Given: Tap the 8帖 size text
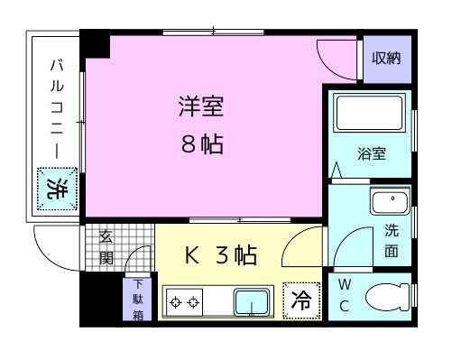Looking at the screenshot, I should pyautogui.click(x=200, y=143).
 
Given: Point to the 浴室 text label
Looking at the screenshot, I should pyautogui.click(x=371, y=153).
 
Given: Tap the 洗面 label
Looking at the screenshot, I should pyautogui.click(x=391, y=240).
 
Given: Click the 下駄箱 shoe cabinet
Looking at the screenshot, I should pyautogui.click(x=137, y=300).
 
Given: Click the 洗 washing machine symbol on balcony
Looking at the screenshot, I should pyautogui.click(x=57, y=189).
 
